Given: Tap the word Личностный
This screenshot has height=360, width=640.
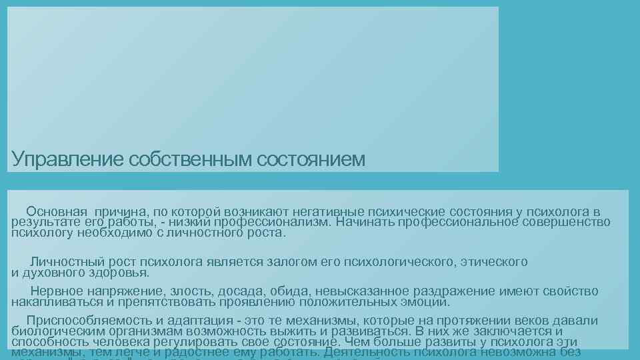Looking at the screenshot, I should pyautogui.click(x=64, y=262).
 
